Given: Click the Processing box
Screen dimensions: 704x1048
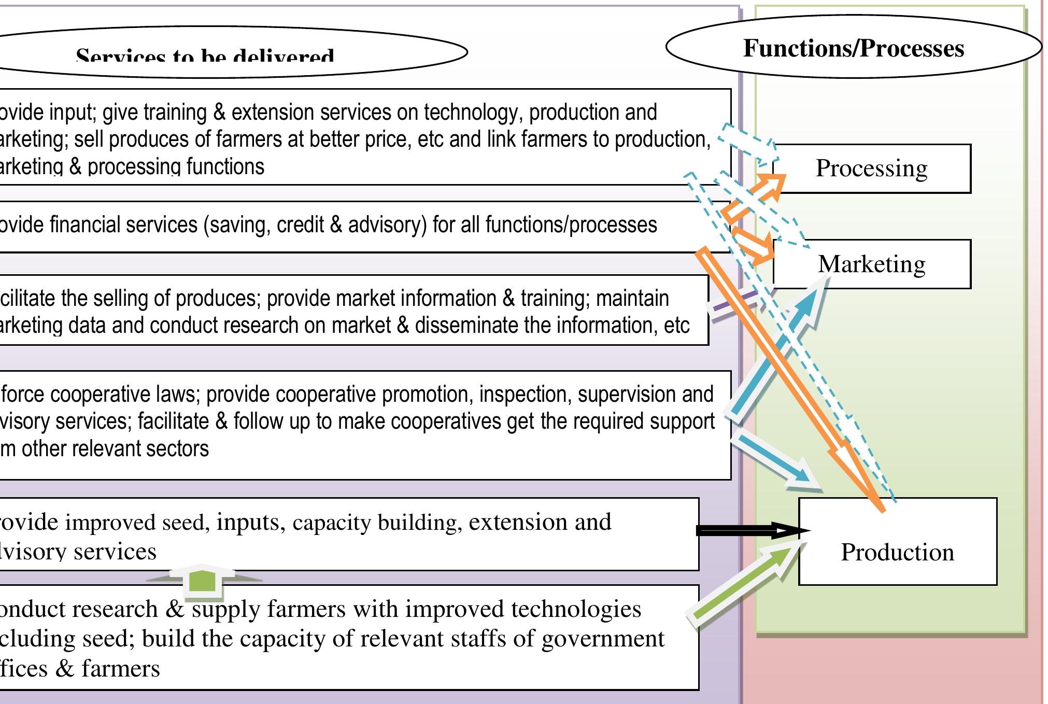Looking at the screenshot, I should coord(872,168).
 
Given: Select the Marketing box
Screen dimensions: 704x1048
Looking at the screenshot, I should coord(872,264).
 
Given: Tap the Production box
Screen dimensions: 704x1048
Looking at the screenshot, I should coord(897,552).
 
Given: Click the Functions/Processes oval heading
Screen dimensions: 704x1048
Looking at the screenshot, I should coord(853,48).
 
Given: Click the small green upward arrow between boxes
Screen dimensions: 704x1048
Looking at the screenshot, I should coord(202,580).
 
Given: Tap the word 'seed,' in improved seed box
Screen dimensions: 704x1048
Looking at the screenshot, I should coord(185,522).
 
